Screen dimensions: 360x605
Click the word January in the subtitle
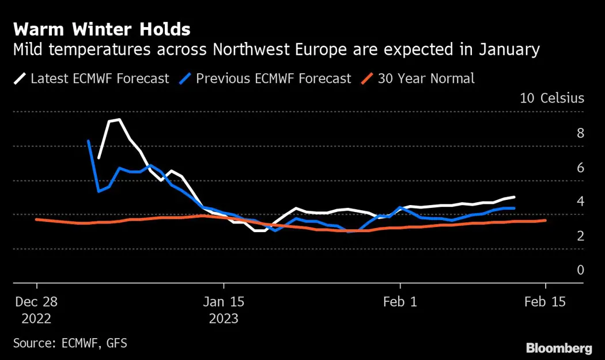508,50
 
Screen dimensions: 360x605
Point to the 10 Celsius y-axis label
551,98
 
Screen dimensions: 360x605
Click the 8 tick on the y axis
580,133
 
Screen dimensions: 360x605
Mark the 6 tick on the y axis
580,168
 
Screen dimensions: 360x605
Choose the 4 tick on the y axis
580,202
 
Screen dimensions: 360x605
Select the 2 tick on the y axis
580,236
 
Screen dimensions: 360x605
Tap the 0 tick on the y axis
580,270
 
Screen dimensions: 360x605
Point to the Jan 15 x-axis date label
224,302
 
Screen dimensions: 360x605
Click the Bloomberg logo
559,348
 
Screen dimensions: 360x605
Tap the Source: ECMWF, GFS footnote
70,343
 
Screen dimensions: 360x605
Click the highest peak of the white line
119,120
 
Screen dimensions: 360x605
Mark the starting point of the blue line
88,141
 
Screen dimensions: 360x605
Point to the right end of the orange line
546,220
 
